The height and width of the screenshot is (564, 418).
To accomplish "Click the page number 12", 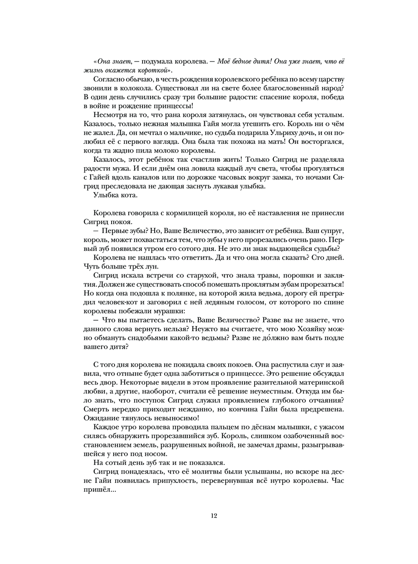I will pos(214,516).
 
